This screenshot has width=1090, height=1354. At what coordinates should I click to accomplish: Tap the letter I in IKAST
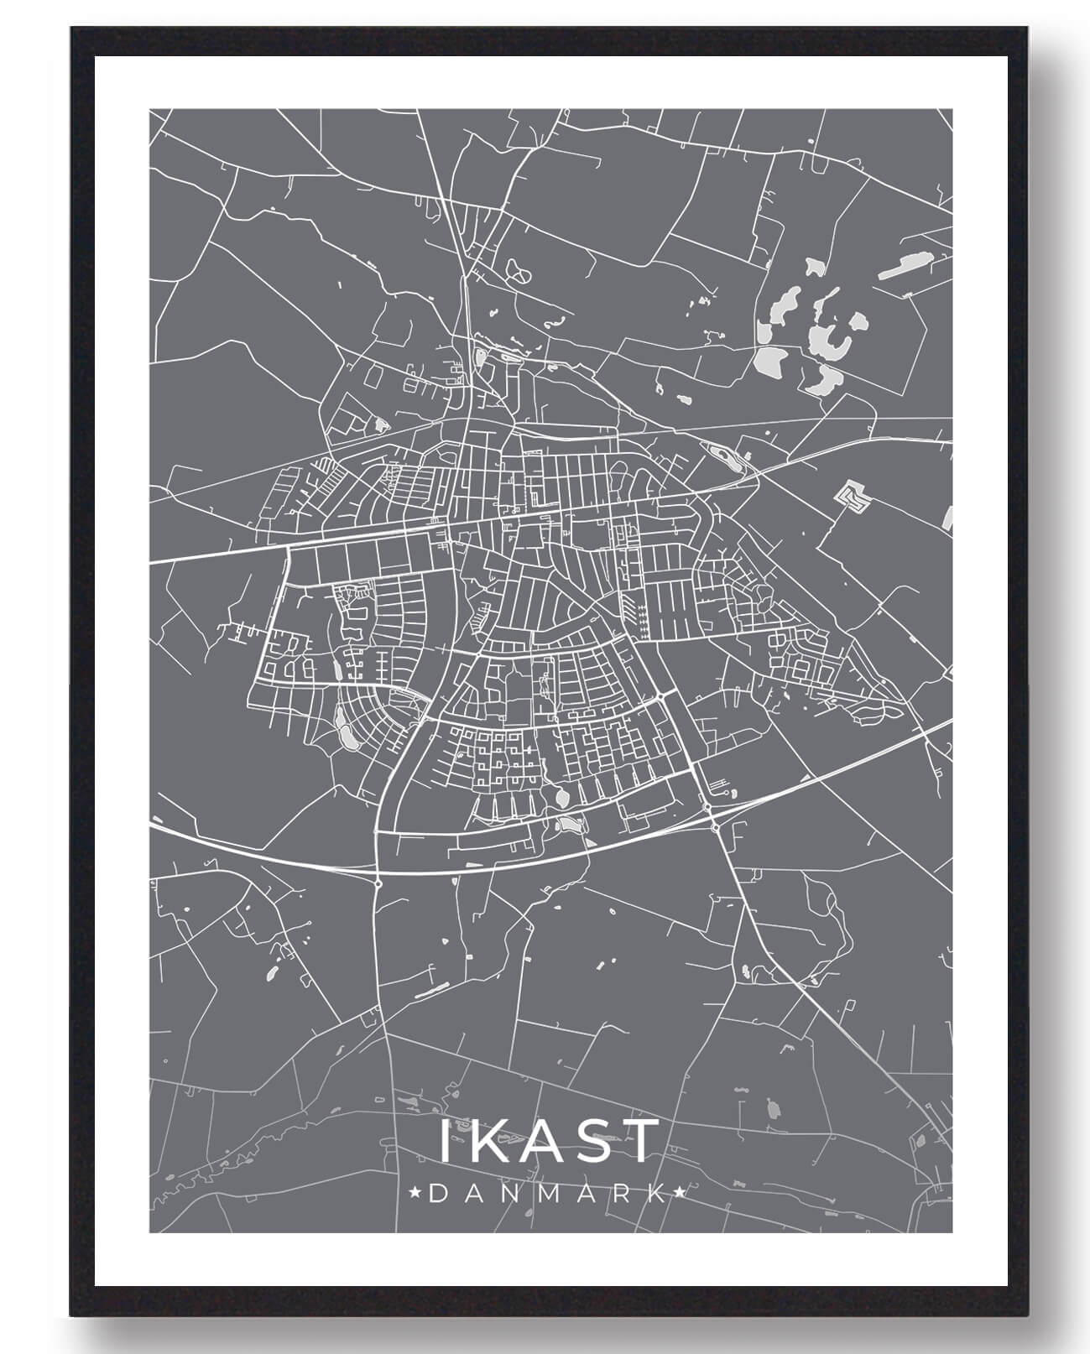(x=446, y=1141)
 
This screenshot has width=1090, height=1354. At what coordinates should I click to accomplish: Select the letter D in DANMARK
(x=437, y=1193)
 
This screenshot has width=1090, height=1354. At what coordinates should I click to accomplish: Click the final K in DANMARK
(x=659, y=1193)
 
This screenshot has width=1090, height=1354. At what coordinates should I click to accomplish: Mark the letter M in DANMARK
(x=549, y=1193)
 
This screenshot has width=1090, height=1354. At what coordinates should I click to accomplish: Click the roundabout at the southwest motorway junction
(x=379, y=883)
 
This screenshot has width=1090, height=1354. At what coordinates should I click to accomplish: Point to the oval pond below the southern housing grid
(x=561, y=794)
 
